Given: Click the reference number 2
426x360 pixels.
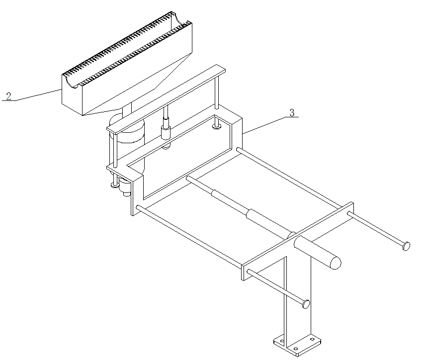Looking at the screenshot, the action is pyautogui.click(x=8, y=96).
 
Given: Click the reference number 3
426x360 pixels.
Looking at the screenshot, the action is pyautogui.click(x=292, y=112).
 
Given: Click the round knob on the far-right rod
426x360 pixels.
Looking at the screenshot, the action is pyautogui.click(x=406, y=246).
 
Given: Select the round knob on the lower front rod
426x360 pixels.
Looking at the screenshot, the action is pyautogui.click(x=306, y=304).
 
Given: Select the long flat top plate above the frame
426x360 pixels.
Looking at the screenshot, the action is pyautogui.click(x=166, y=99).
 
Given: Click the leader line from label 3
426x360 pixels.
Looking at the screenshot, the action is pyautogui.click(x=263, y=125).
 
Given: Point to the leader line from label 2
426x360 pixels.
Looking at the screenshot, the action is pyautogui.click(x=38, y=95).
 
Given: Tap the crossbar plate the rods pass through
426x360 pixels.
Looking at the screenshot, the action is pyautogui.click(x=297, y=241).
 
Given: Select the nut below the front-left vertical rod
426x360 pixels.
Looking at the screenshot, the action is pyautogui.click(x=114, y=185).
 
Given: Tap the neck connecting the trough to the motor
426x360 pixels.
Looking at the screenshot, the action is pyautogui.click(x=127, y=109).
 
